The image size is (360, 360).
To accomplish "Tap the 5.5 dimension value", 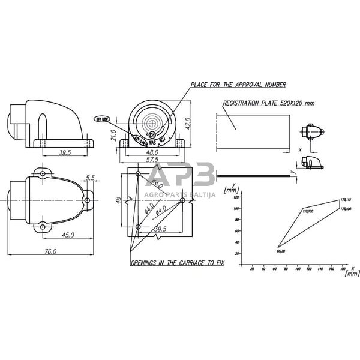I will pyautogui.click(x=91, y=178).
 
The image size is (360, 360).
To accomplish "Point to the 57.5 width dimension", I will pyautogui.click(x=152, y=161).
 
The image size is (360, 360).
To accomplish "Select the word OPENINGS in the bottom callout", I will pyautogui.click(x=146, y=263).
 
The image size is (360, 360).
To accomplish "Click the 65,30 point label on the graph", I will pyautogui.click(x=280, y=250).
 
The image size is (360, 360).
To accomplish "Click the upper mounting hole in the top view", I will pyautogui.click(x=43, y=174).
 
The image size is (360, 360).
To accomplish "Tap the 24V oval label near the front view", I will pyautogui.click(x=102, y=119).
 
